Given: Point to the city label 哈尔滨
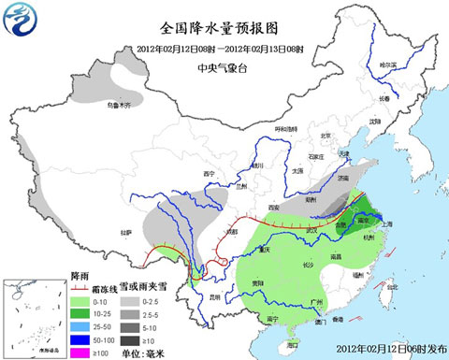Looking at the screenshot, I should pos(386,65).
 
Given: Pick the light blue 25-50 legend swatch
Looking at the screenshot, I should pos(84,327).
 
